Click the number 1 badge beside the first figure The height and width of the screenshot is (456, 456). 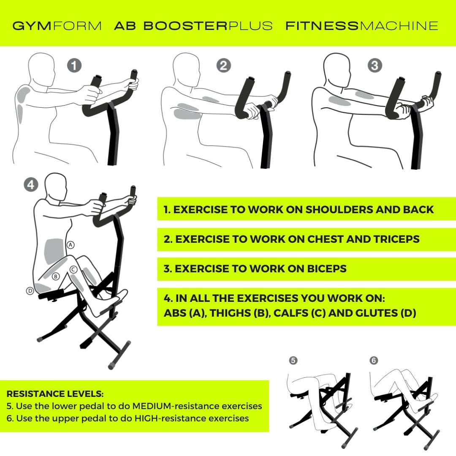(x=75, y=65)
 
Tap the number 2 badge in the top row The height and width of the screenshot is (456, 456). (x=224, y=65)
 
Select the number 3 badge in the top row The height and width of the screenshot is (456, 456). (x=375, y=65)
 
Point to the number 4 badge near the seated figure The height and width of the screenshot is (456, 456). (x=31, y=185)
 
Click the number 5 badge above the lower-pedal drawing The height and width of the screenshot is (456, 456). (x=293, y=360)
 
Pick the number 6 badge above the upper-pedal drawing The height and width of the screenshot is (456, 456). (x=374, y=360)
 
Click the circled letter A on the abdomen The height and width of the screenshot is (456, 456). (x=71, y=244)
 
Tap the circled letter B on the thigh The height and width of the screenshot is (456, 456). (x=55, y=277)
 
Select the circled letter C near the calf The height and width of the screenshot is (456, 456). (x=73, y=269)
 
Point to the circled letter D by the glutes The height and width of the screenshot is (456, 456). (x=30, y=291)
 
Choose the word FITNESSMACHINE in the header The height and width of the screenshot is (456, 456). (x=362, y=26)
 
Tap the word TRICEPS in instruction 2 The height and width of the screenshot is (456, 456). (x=396, y=239)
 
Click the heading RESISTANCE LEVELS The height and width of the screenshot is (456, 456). (x=55, y=394)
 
